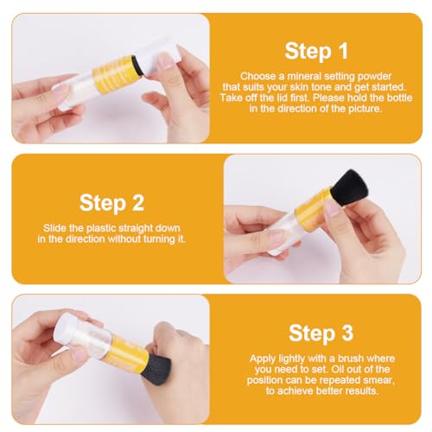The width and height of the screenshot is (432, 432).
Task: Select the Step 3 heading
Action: click(x=321, y=334)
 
